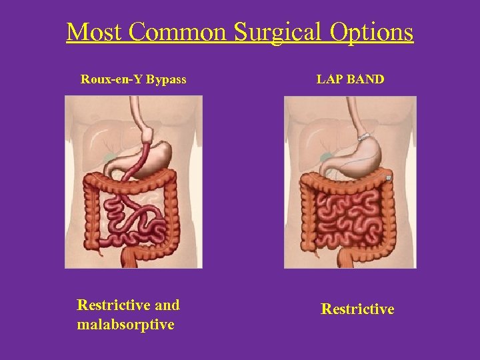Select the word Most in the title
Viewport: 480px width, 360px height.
pos(91,32)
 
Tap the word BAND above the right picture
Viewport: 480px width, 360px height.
pos(365,79)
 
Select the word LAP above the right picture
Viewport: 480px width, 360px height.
pos(329,79)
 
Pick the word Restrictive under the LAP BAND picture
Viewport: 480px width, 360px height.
pos(357,309)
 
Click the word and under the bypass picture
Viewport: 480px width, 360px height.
pos(167,305)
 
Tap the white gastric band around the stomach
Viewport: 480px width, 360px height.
pos(363,137)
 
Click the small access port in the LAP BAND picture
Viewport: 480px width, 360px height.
pos(388,178)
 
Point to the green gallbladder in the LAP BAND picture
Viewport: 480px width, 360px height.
pos(327,158)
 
